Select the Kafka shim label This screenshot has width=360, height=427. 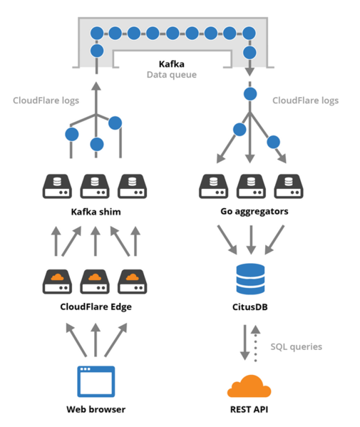96,212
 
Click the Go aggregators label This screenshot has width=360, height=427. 249,212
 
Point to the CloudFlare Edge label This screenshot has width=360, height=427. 96,307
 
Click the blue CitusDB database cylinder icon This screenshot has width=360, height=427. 249,280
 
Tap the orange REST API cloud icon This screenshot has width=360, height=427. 249,386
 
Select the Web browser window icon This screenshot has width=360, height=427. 96,381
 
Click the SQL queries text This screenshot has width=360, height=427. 296,346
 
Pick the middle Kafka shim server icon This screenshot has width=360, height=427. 96,187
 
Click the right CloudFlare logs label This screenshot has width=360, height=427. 305,101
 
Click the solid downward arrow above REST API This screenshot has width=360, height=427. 244,342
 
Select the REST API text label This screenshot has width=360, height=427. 249,410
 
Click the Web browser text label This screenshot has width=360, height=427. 96,410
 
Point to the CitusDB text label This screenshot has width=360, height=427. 249,307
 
